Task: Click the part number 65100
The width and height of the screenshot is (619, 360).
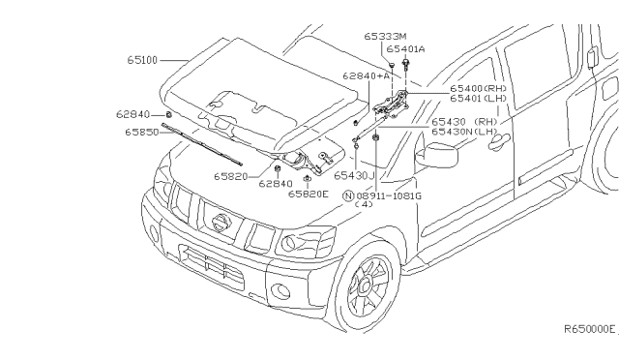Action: (142, 60)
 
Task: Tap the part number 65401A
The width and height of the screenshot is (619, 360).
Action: (405, 48)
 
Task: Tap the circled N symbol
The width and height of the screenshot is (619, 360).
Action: (348, 194)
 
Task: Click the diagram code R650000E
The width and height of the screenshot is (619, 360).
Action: (589, 329)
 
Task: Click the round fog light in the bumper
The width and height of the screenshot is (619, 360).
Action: (280, 290)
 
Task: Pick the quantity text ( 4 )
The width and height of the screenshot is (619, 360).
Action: (364, 204)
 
